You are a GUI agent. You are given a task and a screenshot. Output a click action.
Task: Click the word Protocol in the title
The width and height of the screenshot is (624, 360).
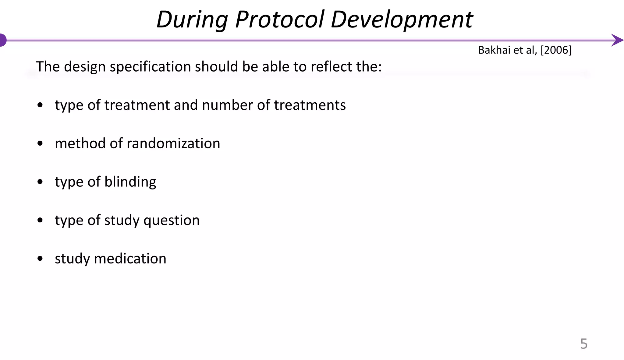(x=279, y=19)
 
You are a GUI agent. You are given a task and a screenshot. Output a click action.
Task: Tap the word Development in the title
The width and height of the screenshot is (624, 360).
(x=402, y=19)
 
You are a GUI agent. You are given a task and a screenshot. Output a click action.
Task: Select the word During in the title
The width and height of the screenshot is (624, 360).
(x=192, y=20)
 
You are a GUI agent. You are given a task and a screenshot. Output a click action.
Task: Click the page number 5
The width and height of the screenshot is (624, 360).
(x=583, y=344)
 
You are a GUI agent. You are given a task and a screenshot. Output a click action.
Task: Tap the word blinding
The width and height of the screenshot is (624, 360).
(x=130, y=182)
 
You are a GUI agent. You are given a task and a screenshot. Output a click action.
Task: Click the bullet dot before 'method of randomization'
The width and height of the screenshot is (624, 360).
(x=40, y=143)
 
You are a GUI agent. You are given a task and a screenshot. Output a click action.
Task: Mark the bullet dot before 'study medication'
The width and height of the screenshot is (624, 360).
(x=40, y=259)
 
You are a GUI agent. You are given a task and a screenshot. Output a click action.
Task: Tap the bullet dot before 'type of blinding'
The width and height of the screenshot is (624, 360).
(x=40, y=182)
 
